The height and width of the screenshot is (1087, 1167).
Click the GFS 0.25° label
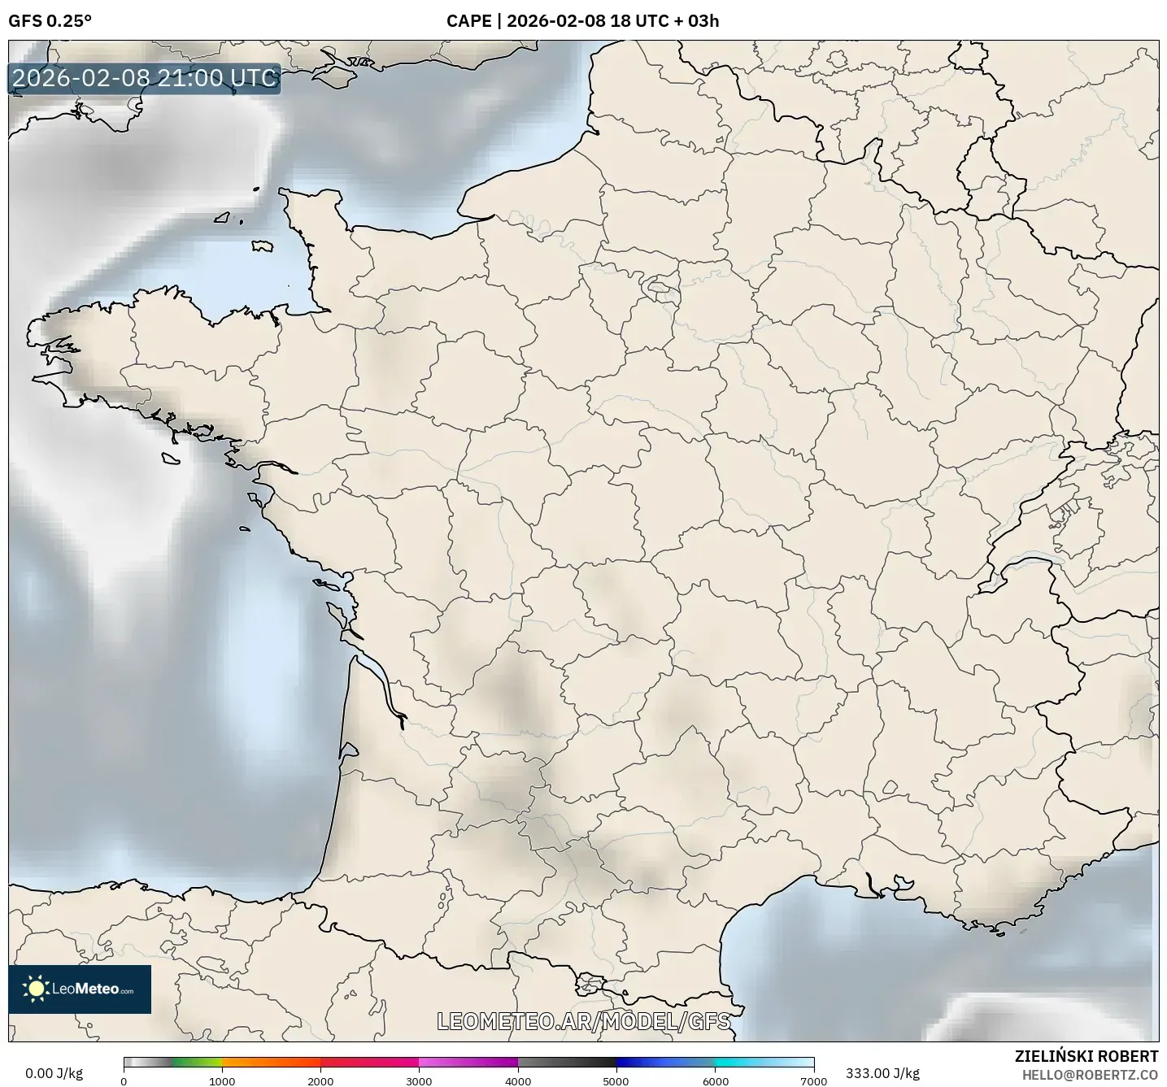click(x=50, y=21)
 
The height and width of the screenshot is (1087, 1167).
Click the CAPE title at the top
click(x=582, y=21)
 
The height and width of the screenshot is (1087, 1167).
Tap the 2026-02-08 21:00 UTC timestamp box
click(x=145, y=78)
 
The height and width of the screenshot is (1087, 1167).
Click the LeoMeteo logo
click(x=80, y=989)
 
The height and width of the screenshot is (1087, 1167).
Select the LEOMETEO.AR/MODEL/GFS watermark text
click(x=583, y=1021)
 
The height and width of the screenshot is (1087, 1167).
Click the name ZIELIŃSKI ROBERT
click(x=1086, y=1056)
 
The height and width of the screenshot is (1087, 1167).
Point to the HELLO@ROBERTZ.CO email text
click(x=1090, y=1075)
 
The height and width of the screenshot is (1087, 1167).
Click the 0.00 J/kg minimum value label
click(x=54, y=1073)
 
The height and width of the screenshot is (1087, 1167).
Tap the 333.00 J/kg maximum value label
click(x=882, y=1073)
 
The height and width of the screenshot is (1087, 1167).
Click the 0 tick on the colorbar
click(x=124, y=1080)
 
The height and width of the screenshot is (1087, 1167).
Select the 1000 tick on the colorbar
click(x=222, y=1080)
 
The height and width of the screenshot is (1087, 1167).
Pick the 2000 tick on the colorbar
click(x=320, y=1080)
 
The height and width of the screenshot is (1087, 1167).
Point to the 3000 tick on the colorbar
click(x=419, y=1080)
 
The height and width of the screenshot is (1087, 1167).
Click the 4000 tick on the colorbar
click(x=518, y=1080)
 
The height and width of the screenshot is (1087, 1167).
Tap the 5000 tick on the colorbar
click(x=616, y=1080)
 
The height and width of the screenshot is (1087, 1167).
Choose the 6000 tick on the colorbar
click(x=715, y=1080)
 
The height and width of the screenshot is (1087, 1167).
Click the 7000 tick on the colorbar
click(x=813, y=1080)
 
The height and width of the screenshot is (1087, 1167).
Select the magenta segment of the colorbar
click(x=468, y=1062)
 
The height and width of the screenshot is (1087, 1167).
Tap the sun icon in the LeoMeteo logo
click(x=37, y=989)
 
